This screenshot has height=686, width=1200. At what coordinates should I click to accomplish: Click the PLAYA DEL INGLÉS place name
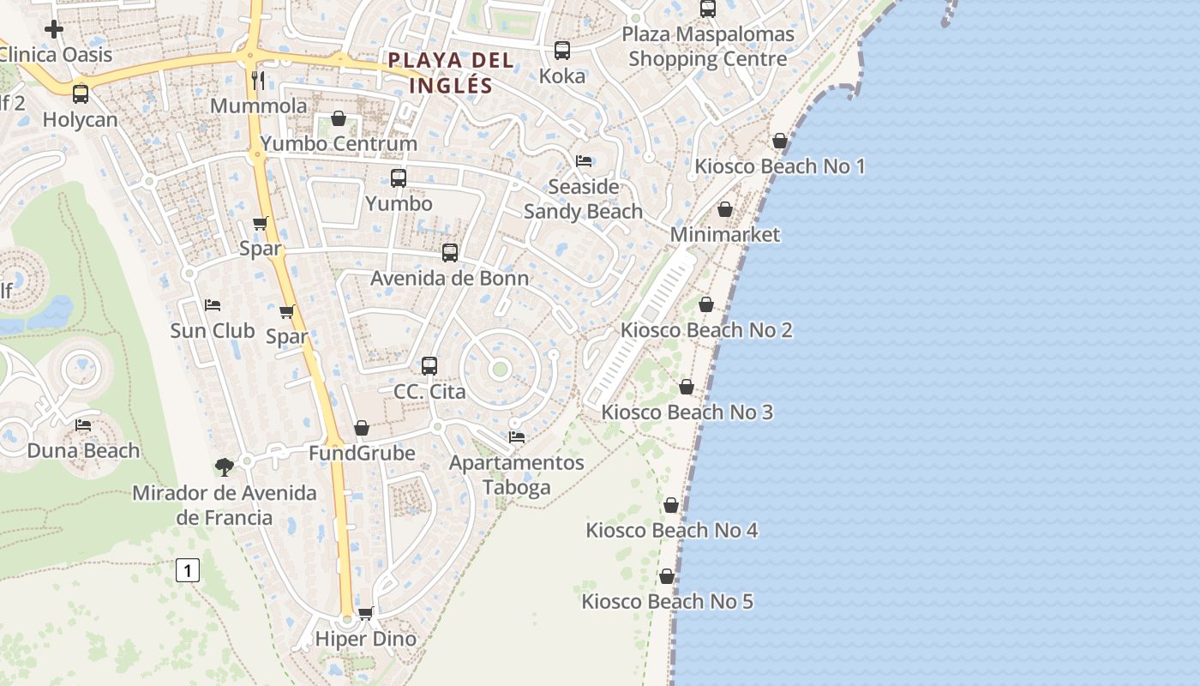point(451,73)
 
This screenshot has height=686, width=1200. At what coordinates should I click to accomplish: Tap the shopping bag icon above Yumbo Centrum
point(339,118)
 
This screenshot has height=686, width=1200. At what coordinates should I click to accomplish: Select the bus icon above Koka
point(562,51)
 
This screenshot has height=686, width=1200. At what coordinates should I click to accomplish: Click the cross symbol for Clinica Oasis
point(54,30)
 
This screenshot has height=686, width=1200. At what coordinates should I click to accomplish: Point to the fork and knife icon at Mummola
point(258,81)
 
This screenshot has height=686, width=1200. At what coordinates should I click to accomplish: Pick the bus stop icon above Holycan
point(81,94)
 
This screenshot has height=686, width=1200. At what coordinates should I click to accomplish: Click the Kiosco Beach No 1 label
point(779,166)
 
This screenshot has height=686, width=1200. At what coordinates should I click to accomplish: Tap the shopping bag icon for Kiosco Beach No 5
point(667,576)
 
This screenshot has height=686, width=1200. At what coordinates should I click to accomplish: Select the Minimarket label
point(725,234)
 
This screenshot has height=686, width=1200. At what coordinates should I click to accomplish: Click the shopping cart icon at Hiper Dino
point(366,613)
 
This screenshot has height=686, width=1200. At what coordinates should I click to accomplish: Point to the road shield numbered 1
point(188,569)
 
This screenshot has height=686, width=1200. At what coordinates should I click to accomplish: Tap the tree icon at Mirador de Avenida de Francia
point(225,467)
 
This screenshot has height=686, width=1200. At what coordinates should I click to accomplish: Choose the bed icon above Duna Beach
point(83,425)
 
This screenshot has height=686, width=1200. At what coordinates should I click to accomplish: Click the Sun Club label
point(213,330)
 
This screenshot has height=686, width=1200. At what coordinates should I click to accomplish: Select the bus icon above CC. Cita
point(429,366)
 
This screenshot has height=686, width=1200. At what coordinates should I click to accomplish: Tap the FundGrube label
point(362,453)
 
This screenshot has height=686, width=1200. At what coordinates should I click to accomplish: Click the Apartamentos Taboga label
point(517,475)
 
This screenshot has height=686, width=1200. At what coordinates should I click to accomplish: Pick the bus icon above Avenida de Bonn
point(450,253)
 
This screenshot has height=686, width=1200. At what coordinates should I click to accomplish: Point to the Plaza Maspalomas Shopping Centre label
point(708,47)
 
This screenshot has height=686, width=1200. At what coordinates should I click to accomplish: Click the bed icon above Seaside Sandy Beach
point(584,161)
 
